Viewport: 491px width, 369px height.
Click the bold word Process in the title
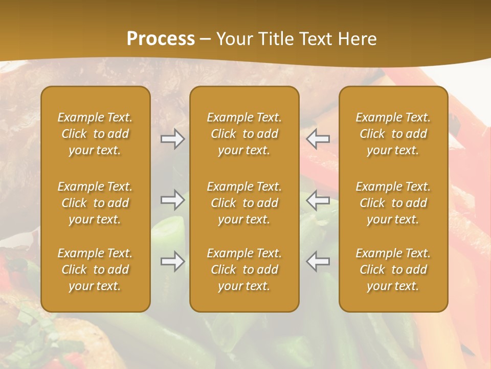click(x=161, y=39)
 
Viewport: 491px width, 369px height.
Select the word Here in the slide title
click(x=357, y=39)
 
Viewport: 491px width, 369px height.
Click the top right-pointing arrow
click(x=172, y=139)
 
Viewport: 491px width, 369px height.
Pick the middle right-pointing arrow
click(x=172, y=200)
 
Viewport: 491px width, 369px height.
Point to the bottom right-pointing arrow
click(x=172, y=261)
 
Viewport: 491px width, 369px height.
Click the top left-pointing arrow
click(x=318, y=139)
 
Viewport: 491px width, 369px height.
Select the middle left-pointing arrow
click(x=318, y=200)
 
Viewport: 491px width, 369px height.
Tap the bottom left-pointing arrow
click(x=318, y=261)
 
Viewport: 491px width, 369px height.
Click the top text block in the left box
click(x=95, y=134)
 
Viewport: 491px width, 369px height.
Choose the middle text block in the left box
click(x=95, y=203)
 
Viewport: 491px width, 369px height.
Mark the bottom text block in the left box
click(x=95, y=270)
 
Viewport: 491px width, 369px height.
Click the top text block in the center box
click(x=244, y=134)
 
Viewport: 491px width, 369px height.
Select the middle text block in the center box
click(x=244, y=203)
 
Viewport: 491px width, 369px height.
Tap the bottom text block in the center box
click(x=244, y=270)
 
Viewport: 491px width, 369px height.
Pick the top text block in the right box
click(x=393, y=134)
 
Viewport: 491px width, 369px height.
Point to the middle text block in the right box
click(x=393, y=203)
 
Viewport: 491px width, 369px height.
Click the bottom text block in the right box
click(x=393, y=270)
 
